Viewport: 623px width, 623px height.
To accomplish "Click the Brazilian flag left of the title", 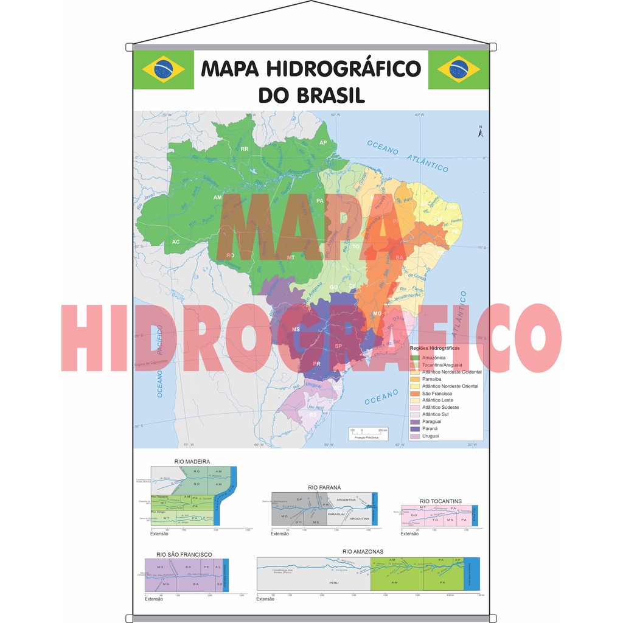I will pos(163,69).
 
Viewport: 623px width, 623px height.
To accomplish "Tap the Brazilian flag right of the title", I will pos(459,69).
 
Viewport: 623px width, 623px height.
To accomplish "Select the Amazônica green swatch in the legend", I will pos(415,358).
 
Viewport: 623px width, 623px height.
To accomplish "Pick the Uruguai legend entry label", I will pos(430,436).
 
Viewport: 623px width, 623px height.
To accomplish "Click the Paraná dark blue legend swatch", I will pos(415,429).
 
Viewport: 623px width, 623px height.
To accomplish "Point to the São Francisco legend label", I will pos(437,394).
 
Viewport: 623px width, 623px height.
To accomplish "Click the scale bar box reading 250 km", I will pos(368,433).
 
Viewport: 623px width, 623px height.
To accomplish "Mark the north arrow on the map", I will pos(480,131).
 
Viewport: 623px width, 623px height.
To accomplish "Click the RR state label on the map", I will pos(245,148).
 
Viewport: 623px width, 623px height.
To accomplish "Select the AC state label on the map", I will pos(176,242).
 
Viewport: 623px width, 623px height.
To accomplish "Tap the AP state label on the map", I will pos(324,142).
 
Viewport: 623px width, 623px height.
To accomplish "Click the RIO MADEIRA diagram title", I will pos(192,462).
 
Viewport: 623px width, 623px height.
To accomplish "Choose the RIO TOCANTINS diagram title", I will pos(440,501).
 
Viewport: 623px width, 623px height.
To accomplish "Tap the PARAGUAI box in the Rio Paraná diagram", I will pos(336,514).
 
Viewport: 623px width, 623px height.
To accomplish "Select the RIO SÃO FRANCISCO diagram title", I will pos(184,554).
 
